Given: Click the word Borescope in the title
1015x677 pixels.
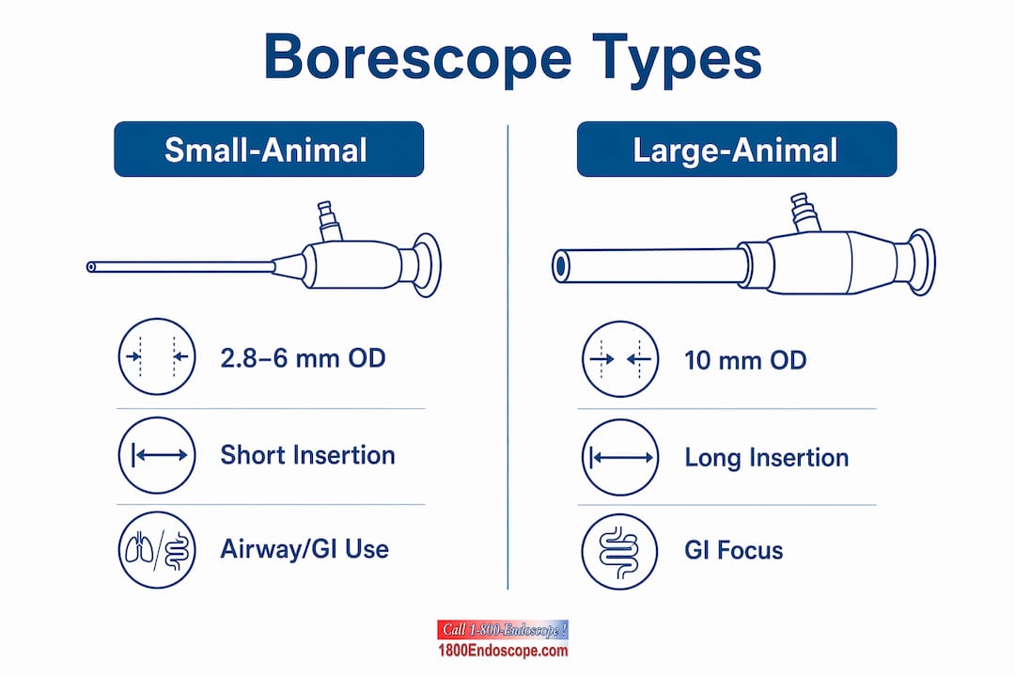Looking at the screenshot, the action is coord(417,57).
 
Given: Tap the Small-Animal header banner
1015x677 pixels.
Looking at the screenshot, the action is coord(269,149).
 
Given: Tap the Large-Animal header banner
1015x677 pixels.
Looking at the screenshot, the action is coord(737,149).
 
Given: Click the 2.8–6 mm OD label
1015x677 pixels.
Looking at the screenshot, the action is coord(303,358).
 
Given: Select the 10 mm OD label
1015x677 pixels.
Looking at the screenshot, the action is coord(745,360).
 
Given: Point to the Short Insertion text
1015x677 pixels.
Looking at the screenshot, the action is coord(307,455).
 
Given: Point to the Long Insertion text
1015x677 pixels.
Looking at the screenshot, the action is coord(767,457).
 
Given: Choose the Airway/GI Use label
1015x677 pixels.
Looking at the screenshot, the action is coord(304,549).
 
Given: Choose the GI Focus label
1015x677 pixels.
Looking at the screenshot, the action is coord(733,551).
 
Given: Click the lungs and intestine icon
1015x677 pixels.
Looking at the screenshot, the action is coord(157,550).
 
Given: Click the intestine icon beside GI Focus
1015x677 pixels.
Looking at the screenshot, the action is coord(619,552).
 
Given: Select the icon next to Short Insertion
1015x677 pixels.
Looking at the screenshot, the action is coord(157,455).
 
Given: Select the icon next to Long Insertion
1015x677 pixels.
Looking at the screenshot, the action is coord(620,457).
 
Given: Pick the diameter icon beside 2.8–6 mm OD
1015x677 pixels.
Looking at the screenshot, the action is coord(157,356).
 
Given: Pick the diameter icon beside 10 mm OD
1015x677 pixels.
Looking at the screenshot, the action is coord(620,359).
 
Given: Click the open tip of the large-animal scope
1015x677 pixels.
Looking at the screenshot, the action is coord(560,266).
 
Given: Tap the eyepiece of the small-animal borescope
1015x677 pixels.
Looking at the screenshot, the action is coord(427,265).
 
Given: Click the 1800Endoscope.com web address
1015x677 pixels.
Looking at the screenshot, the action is coord(503,651).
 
